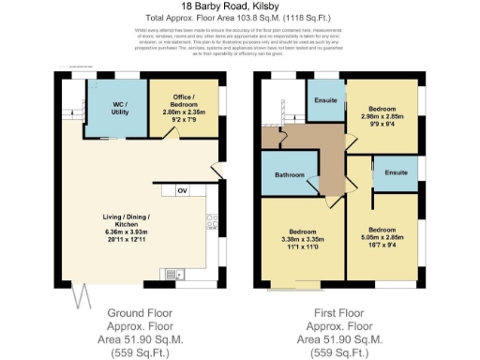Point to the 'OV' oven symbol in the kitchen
[183, 192]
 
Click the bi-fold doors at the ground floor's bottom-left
[82, 292]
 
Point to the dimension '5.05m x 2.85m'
[381, 238]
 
